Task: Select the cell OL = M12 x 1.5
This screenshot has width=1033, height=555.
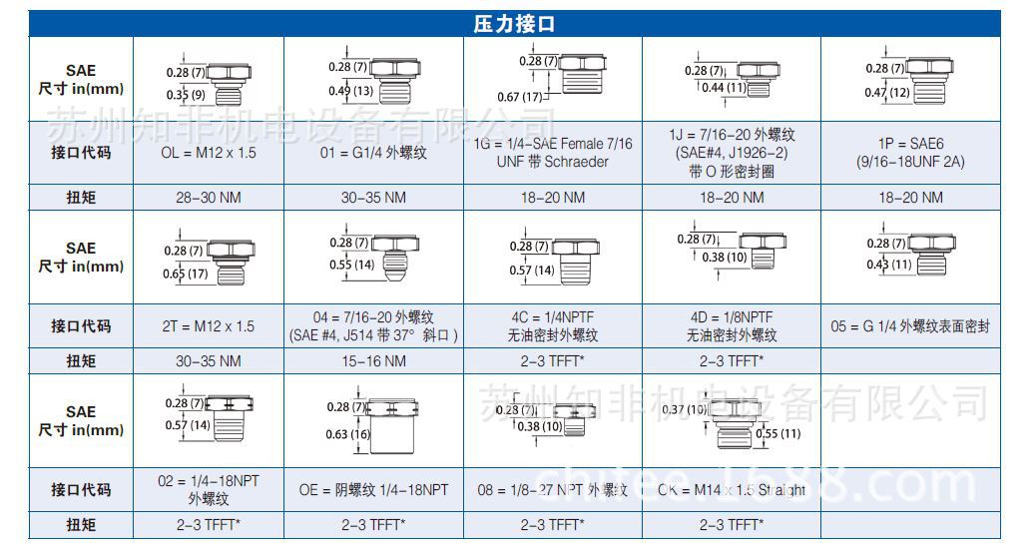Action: tap(208, 153)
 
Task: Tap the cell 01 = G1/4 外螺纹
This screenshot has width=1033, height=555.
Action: tap(373, 153)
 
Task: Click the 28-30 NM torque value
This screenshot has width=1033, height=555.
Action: tap(208, 198)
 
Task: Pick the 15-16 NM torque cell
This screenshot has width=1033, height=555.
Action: tap(373, 361)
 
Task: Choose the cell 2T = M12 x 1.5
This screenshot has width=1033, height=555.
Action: tap(208, 326)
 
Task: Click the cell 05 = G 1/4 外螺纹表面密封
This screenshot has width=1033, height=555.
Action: tap(910, 326)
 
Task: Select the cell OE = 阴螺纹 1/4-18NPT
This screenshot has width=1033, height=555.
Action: tap(373, 490)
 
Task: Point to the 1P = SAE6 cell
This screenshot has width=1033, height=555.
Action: tap(910, 153)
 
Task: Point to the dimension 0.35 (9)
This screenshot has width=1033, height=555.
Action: tap(186, 95)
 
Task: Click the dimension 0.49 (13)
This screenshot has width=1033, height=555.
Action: tap(349, 91)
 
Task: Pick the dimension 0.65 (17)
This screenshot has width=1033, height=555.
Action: tap(186, 273)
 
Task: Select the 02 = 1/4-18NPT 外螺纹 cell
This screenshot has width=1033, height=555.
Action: tap(208, 490)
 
